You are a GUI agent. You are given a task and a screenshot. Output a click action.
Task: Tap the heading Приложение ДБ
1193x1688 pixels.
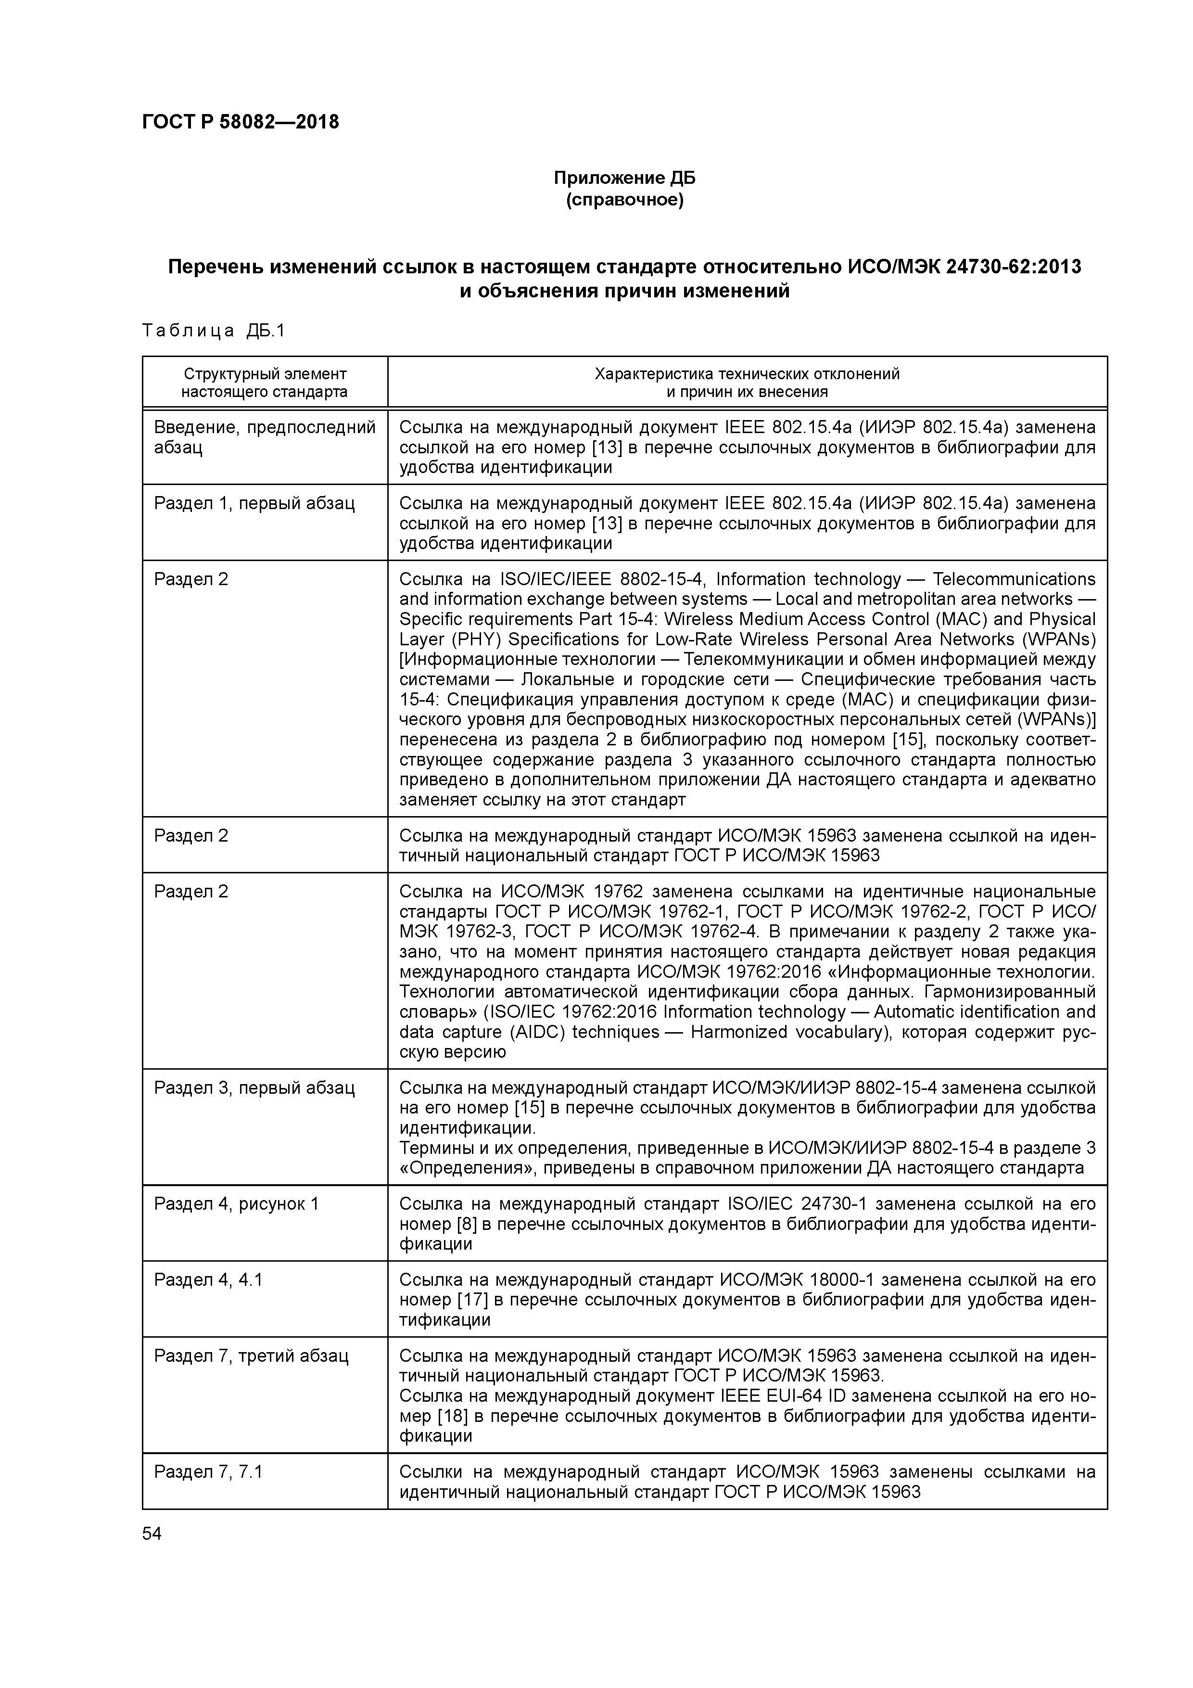624,178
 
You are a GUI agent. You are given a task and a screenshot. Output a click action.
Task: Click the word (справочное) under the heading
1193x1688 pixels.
624,200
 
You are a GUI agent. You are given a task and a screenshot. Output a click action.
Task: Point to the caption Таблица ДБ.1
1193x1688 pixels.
213,331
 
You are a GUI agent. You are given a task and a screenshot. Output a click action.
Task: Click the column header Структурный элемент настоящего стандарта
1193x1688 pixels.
265,382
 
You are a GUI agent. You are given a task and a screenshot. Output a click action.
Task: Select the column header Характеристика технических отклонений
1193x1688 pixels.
747,374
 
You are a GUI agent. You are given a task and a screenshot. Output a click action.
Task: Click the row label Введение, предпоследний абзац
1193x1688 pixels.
265,437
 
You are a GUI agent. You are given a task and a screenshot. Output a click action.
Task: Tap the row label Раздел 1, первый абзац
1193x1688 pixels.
254,504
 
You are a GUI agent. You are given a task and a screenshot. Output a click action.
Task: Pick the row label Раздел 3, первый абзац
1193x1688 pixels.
254,1088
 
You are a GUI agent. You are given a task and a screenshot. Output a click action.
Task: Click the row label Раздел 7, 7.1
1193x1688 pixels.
208,1472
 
